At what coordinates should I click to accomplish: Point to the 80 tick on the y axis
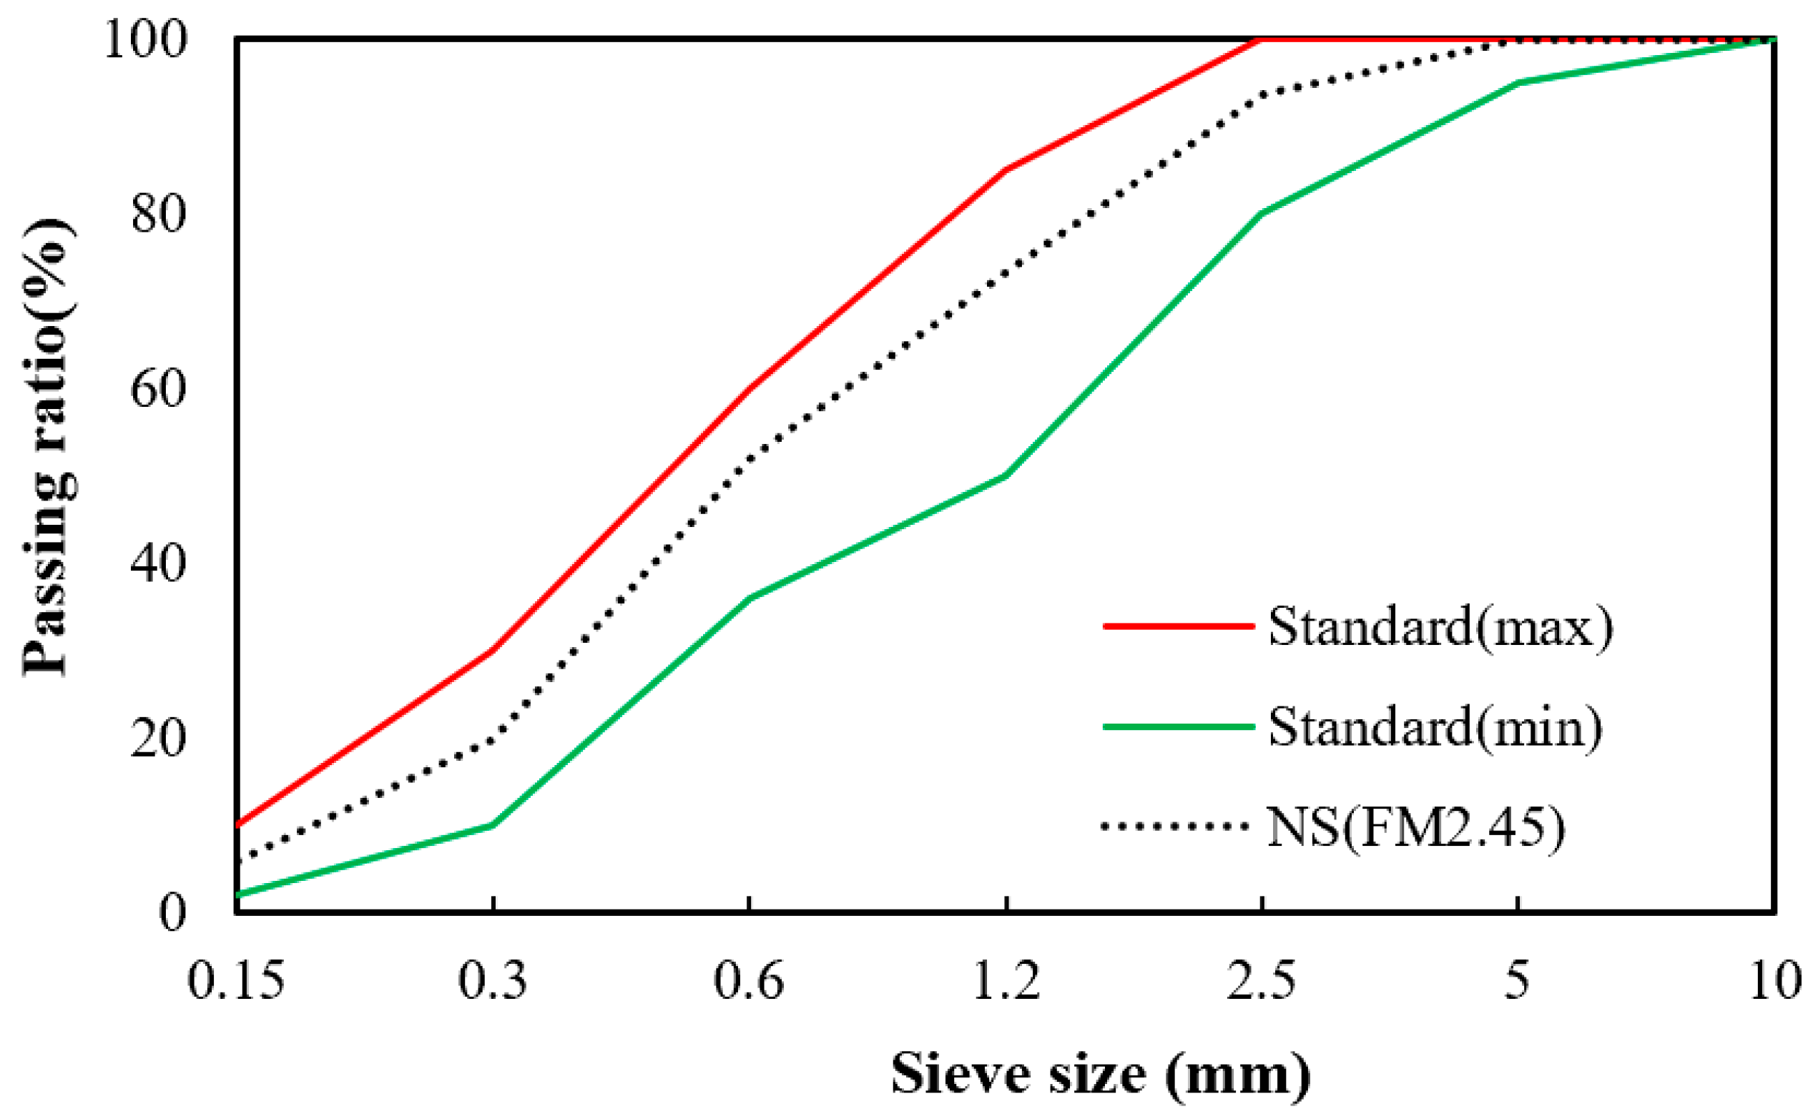pyautogui.click(x=157, y=214)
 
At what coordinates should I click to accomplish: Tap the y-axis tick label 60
pyautogui.click(x=157, y=388)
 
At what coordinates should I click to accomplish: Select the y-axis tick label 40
pyautogui.click(x=157, y=563)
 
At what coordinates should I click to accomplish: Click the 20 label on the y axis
pyautogui.click(x=157, y=738)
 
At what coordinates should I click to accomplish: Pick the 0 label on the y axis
pyautogui.click(x=172, y=912)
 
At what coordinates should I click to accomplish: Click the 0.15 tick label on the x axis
pyautogui.click(x=235, y=981)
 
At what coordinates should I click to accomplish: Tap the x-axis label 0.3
pyautogui.click(x=492, y=981)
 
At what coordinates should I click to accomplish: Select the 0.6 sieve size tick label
pyautogui.click(x=749, y=981)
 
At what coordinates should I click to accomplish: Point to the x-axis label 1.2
pyautogui.click(x=1006, y=981)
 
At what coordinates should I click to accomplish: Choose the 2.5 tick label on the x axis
pyautogui.click(x=1262, y=981)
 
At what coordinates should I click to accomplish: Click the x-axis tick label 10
pyautogui.click(x=1774, y=981)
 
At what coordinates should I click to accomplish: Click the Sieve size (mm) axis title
pyautogui.click(x=1101, y=1074)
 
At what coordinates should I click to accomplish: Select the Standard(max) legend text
pyautogui.click(x=1440, y=627)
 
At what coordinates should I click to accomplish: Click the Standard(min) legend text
pyautogui.click(x=1435, y=727)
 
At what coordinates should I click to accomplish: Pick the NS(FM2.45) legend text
pyautogui.click(x=1416, y=827)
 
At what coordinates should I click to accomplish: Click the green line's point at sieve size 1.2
pyautogui.click(x=1006, y=475)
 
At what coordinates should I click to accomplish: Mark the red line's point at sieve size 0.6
pyautogui.click(x=750, y=388)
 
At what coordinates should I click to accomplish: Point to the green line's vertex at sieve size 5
pyautogui.click(x=1518, y=82)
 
